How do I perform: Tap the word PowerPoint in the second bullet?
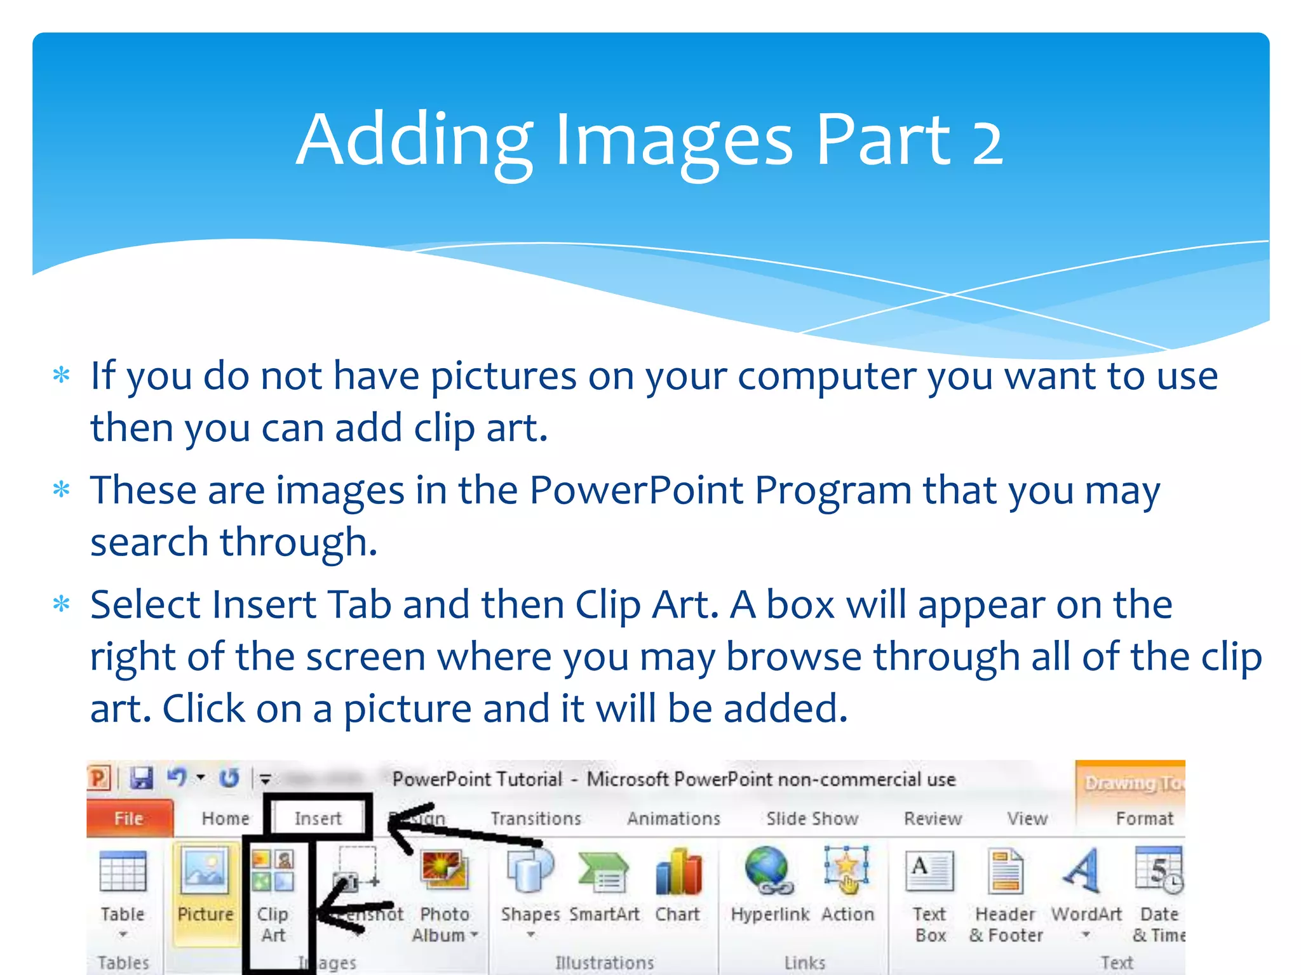(636, 490)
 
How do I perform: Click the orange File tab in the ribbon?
(128, 818)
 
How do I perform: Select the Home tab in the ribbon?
(226, 818)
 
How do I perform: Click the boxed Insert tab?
(318, 818)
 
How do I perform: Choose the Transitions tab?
(536, 818)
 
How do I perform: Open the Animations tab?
(673, 818)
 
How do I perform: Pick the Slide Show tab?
(812, 818)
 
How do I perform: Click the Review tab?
(933, 818)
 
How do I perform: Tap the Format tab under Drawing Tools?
(1144, 818)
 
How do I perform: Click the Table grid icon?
(123, 871)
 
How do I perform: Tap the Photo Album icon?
(444, 871)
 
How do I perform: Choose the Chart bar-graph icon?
(678, 871)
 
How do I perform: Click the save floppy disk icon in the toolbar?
(141, 778)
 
